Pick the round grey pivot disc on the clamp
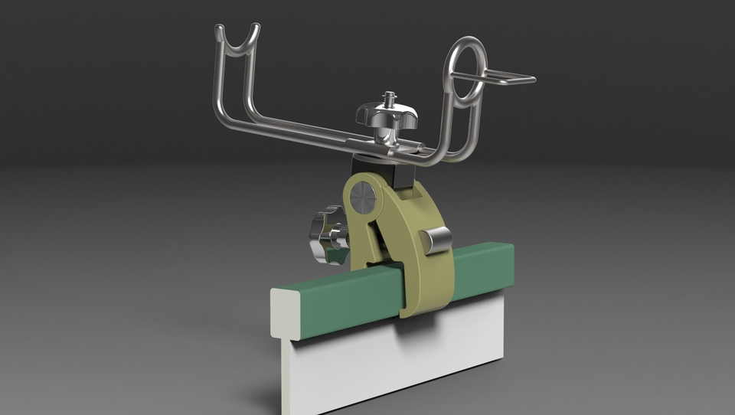point(363,198)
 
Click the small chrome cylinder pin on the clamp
point(438,240)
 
